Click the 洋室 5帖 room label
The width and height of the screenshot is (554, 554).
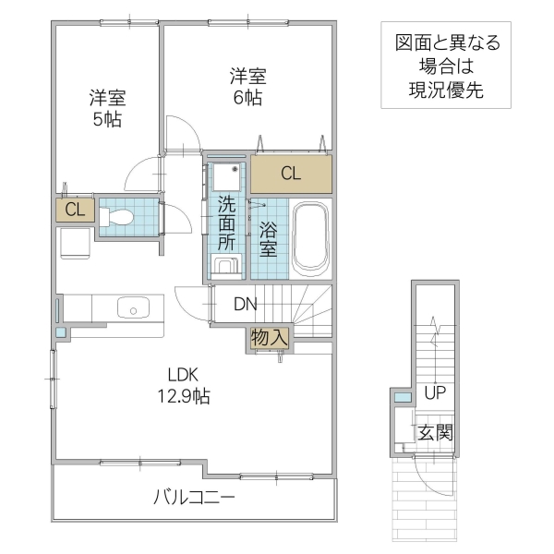click(x=107, y=108)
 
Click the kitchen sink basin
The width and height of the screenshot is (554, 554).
click(x=135, y=307)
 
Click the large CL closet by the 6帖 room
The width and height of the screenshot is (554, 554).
click(x=291, y=173)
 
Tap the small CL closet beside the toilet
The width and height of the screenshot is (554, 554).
click(x=75, y=210)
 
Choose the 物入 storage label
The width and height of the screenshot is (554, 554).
click(x=270, y=339)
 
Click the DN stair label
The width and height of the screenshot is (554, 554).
click(x=245, y=304)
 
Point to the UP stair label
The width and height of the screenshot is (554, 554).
click(x=434, y=392)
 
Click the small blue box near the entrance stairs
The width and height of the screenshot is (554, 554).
click(x=403, y=397)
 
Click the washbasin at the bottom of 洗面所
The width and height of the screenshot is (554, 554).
click(x=226, y=267)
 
